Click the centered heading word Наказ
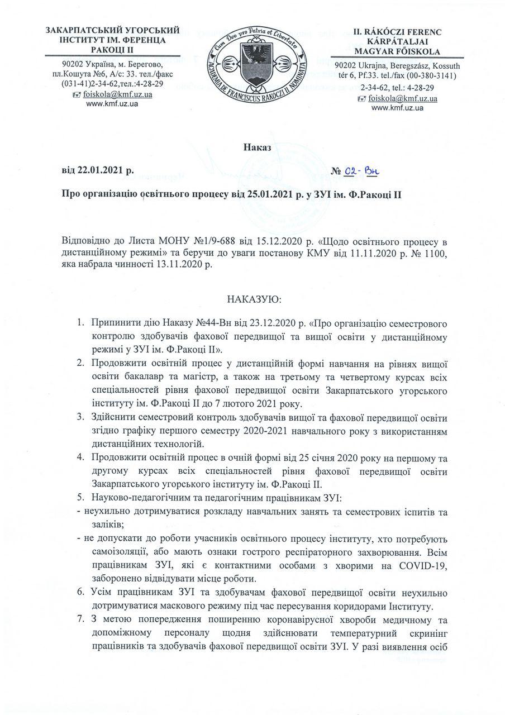click(257, 147)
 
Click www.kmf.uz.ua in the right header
click(401, 108)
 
